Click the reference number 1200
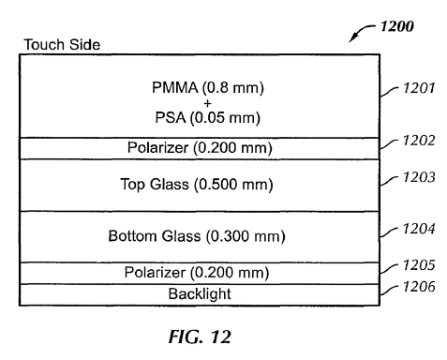(x=397, y=26)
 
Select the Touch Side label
(x=62, y=44)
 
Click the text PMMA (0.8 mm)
(x=208, y=87)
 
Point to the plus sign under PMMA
(x=207, y=103)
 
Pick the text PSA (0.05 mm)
(x=208, y=118)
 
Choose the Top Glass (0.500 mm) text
(x=197, y=185)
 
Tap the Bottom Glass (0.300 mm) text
(x=197, y=236)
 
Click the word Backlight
(x=200, y=293)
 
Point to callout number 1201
(x=419, y=88)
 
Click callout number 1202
(x=419, y=141)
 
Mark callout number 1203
(x=419, y=177)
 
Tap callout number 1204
(x=419, y=229)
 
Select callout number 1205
(x=419, y=265)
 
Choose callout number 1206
(x=419, y=287)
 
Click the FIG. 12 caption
(x=200, y=337)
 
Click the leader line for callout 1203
(x=389, y=181)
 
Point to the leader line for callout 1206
(x=389, y=290)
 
